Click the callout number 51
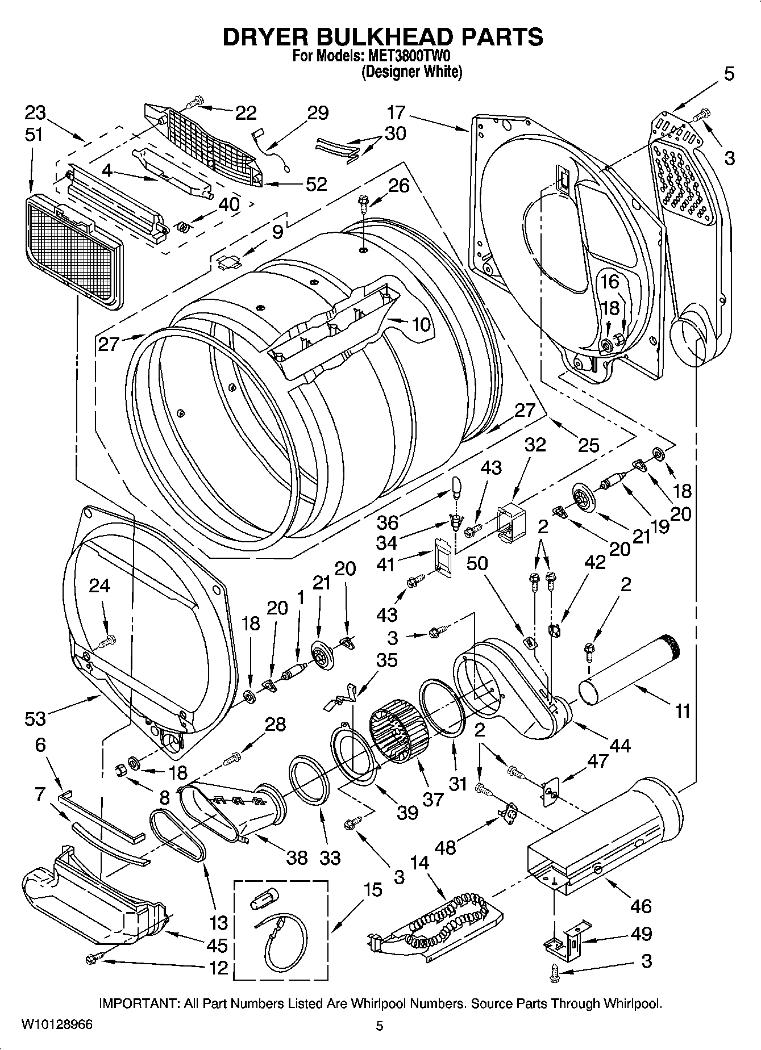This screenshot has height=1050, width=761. (35, 135)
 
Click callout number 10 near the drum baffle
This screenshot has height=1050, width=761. (421, 325)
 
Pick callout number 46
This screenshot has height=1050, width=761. (641, 906)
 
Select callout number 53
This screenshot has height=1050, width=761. (35, 719)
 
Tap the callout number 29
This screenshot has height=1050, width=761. (318, 113)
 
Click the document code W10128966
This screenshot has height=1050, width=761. (56, 1025)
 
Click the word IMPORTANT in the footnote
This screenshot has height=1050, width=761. (139, 1004)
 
